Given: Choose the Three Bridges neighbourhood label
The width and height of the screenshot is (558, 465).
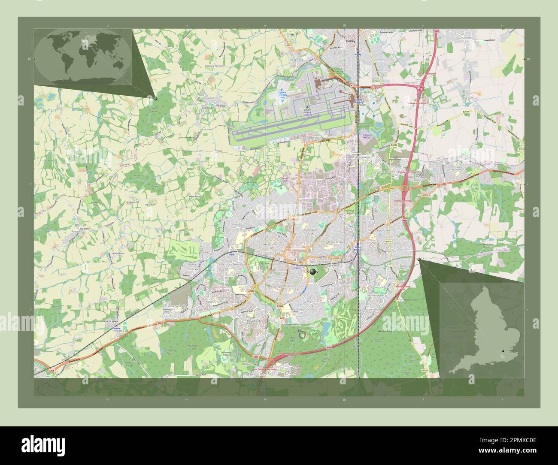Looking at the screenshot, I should click(337, 242).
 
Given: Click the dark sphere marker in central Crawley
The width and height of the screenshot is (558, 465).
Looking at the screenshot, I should click(313, 272).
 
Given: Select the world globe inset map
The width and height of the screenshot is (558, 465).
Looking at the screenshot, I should click(83, 57).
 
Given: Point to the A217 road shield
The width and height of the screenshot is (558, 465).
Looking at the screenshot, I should click(289, 45).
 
